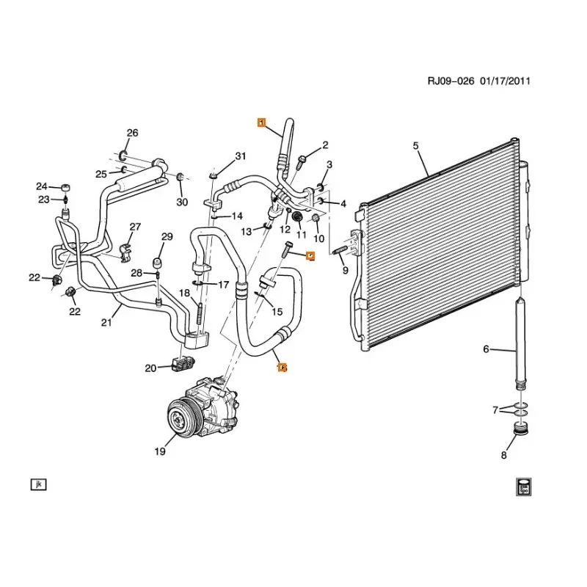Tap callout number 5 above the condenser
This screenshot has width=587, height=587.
[x=415, y=146]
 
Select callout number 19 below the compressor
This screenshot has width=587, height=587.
[x=161, y=452]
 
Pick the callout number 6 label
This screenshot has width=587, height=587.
[x=486, y=349]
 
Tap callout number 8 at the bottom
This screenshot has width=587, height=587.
[x=503, y=456]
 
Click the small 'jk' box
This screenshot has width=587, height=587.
[x=37, y=484]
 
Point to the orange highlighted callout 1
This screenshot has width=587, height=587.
[x=261, y=123]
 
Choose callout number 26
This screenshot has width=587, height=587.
[x=132, y=133]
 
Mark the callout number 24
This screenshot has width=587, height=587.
[x=42, y=186]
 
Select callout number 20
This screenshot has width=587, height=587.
[x=150, y=368]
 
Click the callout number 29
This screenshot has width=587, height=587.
[x=167, y=236]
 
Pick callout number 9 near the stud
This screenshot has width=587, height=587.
[x=346, y=271]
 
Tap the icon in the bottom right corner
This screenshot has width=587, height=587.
[x=523, y=485]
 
